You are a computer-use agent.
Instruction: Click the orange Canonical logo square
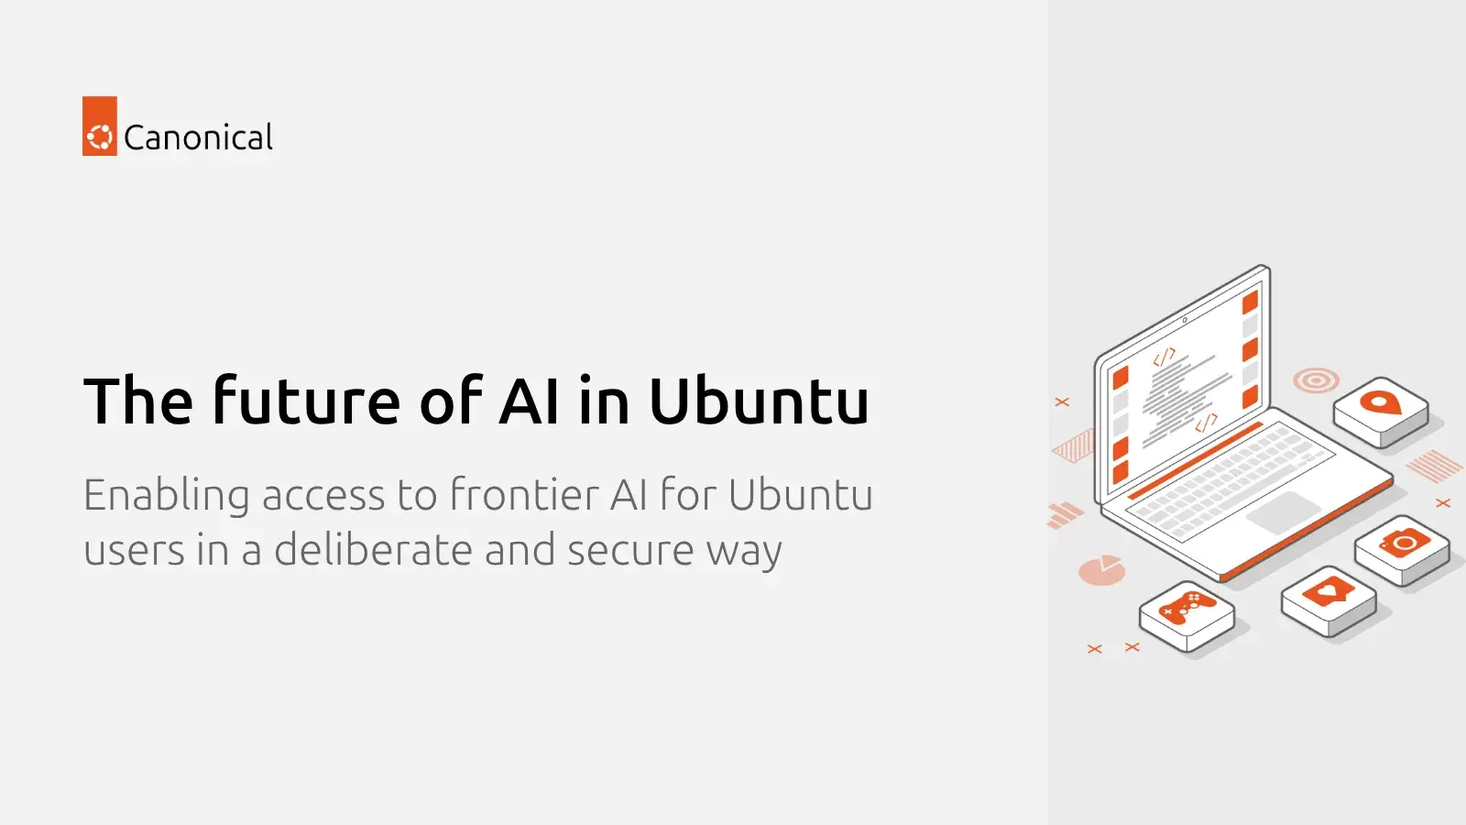100,126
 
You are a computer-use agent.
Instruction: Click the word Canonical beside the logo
198,137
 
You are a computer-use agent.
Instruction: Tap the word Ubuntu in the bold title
759,400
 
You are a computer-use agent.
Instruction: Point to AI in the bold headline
529,400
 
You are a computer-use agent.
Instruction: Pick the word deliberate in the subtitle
373,549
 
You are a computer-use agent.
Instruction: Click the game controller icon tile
1187,616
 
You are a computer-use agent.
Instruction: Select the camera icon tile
1402,550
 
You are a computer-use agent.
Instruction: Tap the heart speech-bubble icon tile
1329,601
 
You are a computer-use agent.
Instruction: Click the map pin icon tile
1381,412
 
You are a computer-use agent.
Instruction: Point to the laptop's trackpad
1284,512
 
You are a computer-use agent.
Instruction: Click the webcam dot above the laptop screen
1185,320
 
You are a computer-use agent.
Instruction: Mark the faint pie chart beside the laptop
1102,569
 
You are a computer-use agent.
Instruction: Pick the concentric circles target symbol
1316,380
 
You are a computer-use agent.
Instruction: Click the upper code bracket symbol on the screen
1165,357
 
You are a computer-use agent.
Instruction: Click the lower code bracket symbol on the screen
1206,423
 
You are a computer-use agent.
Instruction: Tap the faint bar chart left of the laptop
1065,514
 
